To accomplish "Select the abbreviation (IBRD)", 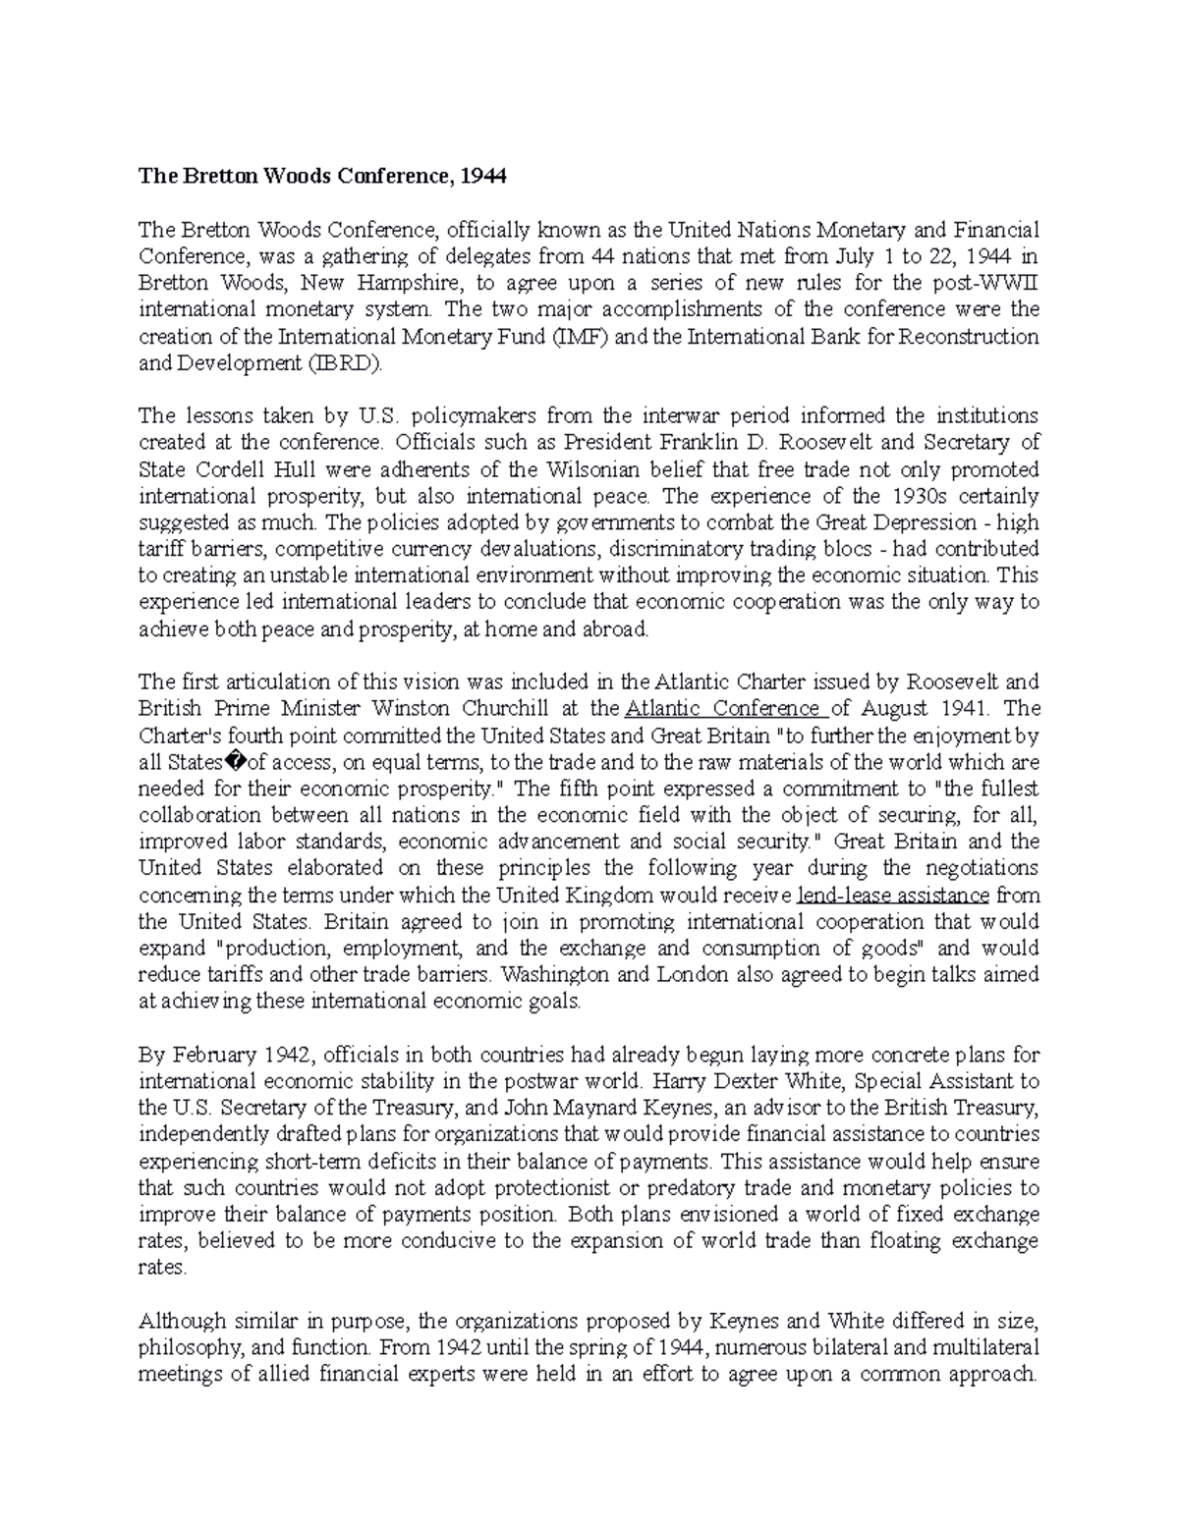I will coord(341,363).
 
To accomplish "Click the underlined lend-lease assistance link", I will coord(893,896).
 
